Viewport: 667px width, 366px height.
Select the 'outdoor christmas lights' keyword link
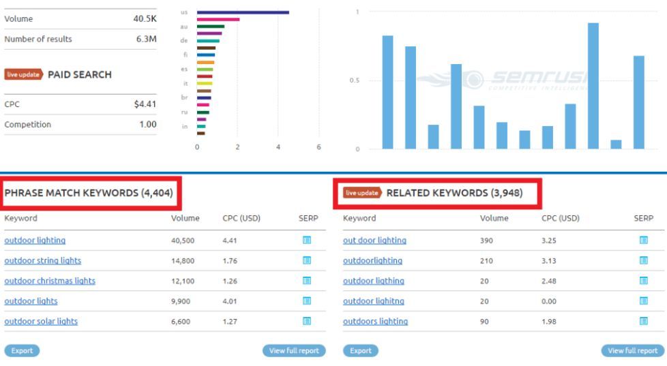pos(50,281)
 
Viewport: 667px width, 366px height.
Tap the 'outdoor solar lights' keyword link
pos(41,322)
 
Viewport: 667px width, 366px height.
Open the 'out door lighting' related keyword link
pos(374,240)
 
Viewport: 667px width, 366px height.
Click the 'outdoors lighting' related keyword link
pos(375,322)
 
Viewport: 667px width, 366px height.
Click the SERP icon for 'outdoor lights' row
pos(306,301)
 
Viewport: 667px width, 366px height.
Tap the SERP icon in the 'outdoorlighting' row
pos(642,260)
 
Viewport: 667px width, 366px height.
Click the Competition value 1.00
pos(147,125)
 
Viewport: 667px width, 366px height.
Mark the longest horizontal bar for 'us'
pos(242,12)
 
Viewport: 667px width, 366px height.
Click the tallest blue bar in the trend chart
pos(593,85)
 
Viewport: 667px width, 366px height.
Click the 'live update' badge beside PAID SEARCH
pos(24,74)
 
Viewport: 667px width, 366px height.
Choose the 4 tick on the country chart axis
pos(278,147)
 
